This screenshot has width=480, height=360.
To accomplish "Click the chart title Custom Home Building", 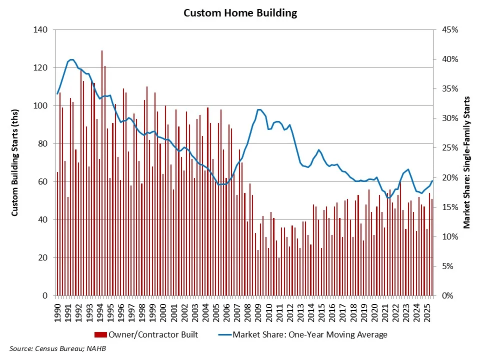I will pos(240,13).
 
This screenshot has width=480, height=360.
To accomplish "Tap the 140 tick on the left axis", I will pos(41,30).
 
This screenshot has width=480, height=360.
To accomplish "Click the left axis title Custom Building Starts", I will pos(15,162).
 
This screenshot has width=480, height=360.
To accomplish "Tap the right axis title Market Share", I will pos(466,162).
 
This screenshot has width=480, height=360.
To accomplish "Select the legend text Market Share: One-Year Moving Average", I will pos(310,334).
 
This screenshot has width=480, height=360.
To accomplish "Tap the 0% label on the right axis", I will pos(442,296).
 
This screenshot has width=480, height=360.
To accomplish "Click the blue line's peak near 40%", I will pos(71,59).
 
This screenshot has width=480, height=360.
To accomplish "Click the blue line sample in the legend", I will pos(223,334).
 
